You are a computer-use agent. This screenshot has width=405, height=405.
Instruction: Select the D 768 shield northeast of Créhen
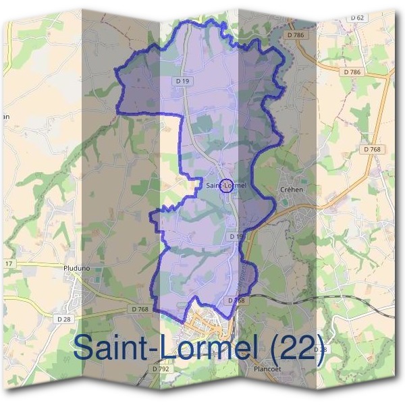[x=372, y=149]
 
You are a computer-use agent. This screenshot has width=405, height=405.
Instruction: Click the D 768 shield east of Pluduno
[x=140, y=309]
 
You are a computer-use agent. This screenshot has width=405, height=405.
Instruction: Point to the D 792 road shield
[x=161, y=369]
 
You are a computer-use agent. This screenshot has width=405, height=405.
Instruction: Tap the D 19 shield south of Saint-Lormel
[x=235, y=237]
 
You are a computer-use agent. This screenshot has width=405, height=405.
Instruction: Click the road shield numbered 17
[x=8, y=263]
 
